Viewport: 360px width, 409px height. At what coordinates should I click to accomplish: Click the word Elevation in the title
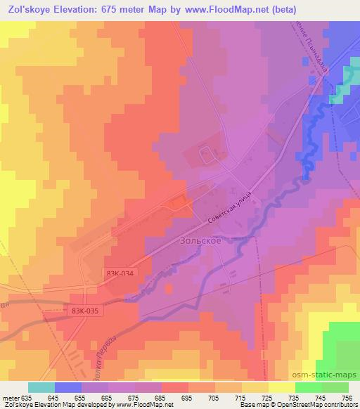click(x=82, y=9)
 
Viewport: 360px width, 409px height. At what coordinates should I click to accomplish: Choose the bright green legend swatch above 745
click(x=308, y=387)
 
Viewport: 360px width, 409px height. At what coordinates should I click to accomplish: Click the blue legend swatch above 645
click(x=68, y=387)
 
